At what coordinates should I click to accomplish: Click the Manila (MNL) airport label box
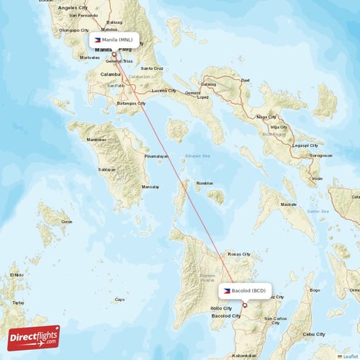(x=114, y=40)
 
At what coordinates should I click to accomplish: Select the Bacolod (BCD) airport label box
(x=246, y=289)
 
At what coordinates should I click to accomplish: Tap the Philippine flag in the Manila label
(x=96, y=40)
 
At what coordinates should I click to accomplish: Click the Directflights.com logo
(x=34, y=337)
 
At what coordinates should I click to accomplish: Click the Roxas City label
(x=238, y=254)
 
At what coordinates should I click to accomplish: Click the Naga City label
(x=267, y=117)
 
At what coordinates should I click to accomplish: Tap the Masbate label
(x=288, y=204)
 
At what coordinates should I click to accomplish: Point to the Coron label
(x=66, y=222)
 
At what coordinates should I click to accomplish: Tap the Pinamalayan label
(x=156, y=156)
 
